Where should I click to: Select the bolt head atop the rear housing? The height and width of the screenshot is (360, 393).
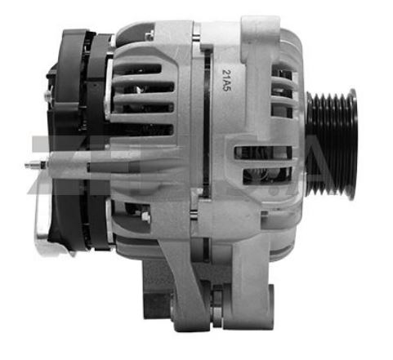coord(149,35)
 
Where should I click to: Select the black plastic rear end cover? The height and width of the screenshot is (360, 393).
coord(78,139)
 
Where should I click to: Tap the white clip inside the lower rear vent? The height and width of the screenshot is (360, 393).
coord(145,217)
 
